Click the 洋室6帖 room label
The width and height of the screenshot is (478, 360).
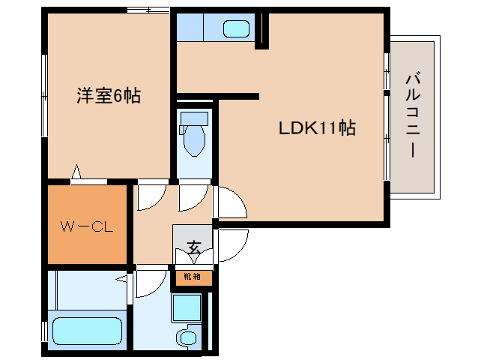click(108, 95)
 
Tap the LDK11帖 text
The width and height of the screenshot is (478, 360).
click(317, 127)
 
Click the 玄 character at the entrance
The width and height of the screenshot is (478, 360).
click(193, 247)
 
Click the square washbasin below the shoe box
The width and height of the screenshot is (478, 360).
click(186, 307)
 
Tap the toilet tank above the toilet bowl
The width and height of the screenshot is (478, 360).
click(195, 118)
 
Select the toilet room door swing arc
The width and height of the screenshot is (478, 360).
click(193, 196)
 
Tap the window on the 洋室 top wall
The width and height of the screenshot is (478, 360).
click(148, 10)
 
